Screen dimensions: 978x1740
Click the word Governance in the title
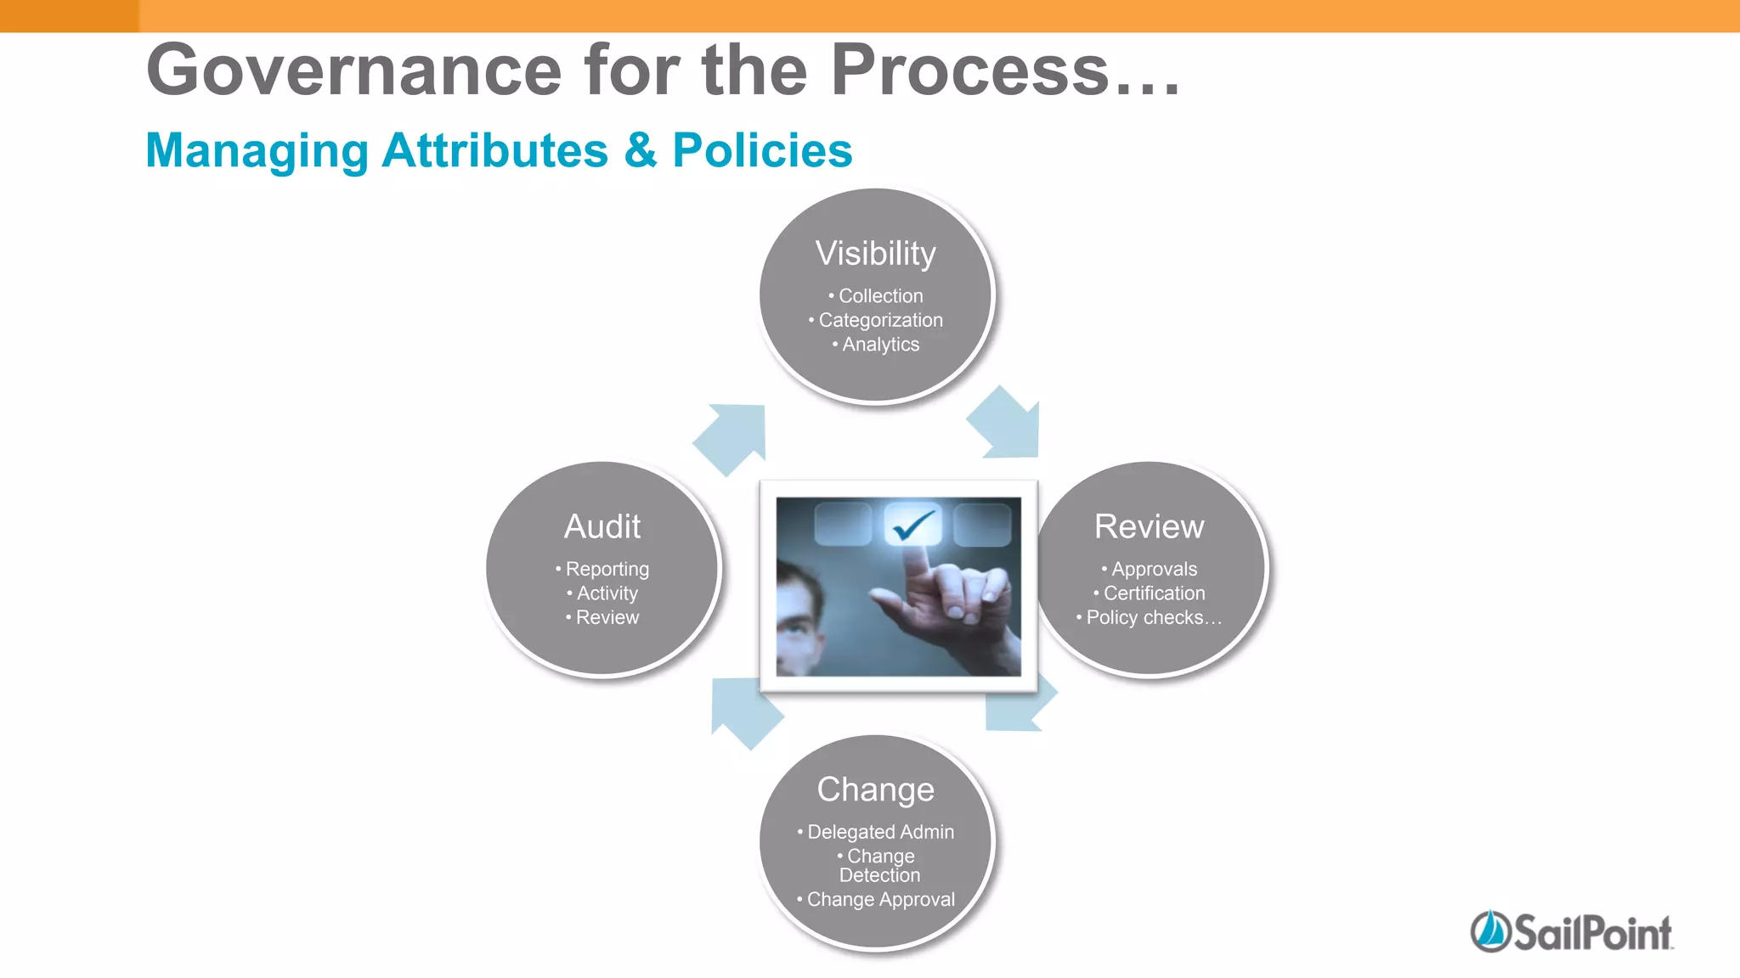(353, 70)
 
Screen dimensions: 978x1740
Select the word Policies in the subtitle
(762, 151)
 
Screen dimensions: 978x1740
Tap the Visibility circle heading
(875, 254)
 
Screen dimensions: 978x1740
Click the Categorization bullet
(880, 320)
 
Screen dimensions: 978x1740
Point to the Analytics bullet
(880, 345)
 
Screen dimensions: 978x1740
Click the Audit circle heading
(602, 527)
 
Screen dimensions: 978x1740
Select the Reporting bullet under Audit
(607, 569)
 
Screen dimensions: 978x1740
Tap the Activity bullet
(607, 593)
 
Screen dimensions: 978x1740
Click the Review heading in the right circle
(1149, 527)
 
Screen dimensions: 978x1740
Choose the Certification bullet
(1154, 593)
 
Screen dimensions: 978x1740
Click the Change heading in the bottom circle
(875, 790)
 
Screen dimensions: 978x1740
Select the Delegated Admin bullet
(880, 832)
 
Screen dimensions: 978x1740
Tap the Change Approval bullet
(880, 900)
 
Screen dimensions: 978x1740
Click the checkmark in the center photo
(913, 525)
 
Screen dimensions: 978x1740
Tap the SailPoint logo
(1571, 932)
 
